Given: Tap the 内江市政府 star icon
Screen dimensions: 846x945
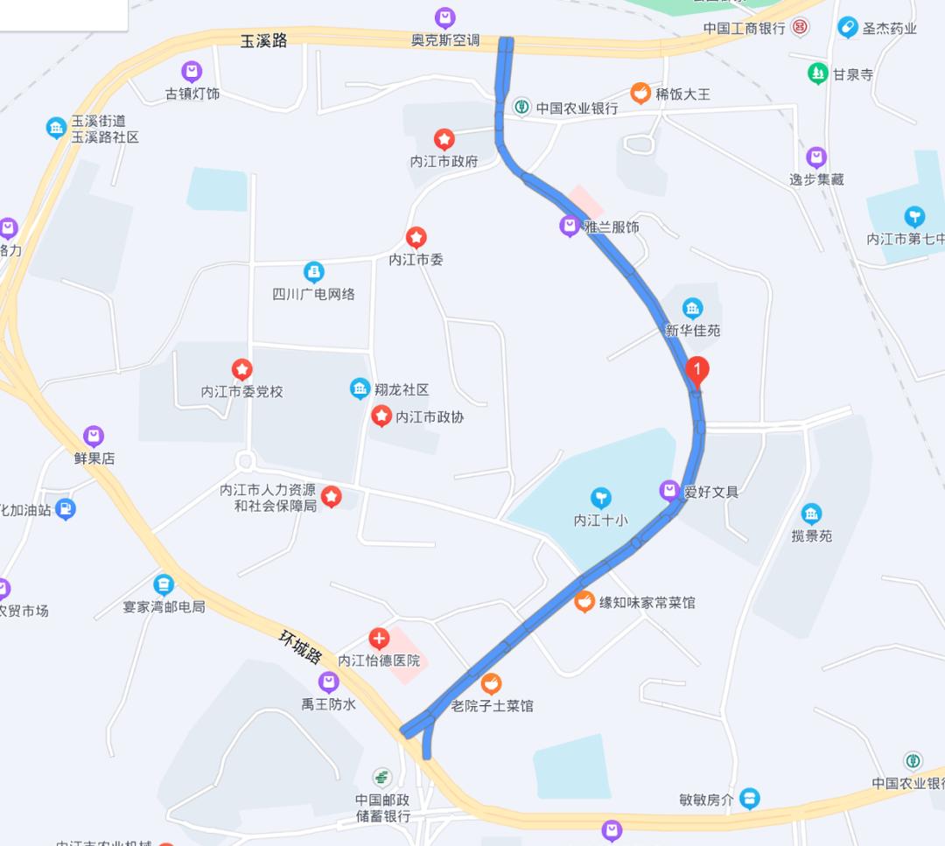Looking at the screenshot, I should (444, 139).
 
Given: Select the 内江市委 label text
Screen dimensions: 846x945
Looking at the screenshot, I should (416, 260).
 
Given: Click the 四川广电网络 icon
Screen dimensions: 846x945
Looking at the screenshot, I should (313, 272).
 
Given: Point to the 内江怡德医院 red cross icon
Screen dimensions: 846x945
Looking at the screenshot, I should (379, 638).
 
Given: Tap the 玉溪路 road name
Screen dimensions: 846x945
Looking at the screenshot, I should (263, 40).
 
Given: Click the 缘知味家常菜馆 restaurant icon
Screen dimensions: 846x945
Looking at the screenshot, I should (584, 602).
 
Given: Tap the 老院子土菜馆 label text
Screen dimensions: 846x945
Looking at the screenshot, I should (492, 705).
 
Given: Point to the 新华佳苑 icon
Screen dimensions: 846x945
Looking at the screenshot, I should (692, 308).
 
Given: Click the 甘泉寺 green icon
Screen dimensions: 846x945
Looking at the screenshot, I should (818, 74).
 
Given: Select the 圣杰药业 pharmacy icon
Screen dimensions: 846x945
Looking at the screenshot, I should (847, 28).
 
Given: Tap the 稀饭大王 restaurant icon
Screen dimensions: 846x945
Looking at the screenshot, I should (641, 93).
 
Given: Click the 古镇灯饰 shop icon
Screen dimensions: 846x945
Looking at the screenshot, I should (192, 72).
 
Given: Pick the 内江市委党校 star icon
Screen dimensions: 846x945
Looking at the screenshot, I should (241, 370).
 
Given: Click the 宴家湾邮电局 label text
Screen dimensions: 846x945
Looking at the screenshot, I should (164, 605).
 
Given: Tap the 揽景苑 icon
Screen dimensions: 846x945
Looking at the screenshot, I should (811, 514).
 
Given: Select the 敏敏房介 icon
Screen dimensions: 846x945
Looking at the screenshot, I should (749, 799).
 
